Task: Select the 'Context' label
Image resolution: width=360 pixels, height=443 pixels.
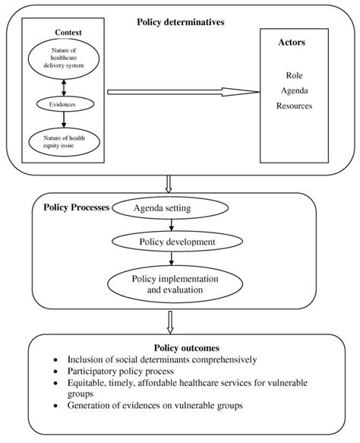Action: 68,33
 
